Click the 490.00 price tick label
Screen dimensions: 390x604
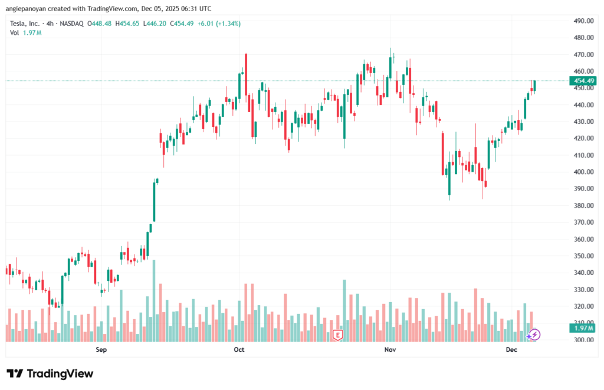(583, 21)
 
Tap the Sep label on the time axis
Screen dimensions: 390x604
(101, 350)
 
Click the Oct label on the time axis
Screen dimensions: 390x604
(239, 350)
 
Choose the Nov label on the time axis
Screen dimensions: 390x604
(389, 350)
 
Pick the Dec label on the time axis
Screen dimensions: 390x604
(511, 350)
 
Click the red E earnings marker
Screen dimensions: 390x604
(338, 335)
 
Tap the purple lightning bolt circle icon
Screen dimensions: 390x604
(534, 335)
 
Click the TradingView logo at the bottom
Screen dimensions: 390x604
(50, 373)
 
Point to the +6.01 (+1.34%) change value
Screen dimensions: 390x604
(216, 24)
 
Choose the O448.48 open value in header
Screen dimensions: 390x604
(100, 24)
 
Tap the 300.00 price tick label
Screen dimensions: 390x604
(583, 340)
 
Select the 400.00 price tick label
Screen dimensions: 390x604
(583, 172)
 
